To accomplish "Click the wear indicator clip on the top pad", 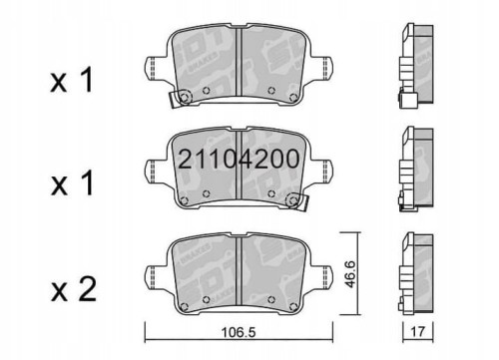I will (182, 100).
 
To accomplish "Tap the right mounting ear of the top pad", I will (328, 71).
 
